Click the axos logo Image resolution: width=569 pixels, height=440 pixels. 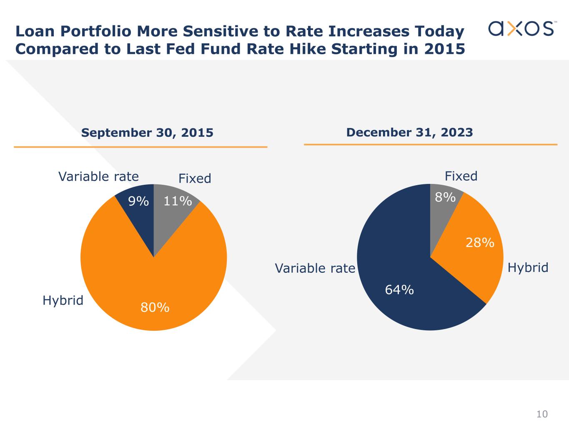(521, 28)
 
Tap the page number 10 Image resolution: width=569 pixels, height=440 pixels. (542, 414)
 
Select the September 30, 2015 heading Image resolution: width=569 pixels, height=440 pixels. (147, 133)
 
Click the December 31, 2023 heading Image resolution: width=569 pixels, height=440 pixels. (409, 132)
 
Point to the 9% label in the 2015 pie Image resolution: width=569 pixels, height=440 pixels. (138, 201)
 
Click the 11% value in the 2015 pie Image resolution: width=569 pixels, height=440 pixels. (178, 201)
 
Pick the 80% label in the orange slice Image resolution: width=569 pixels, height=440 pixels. (155, 307)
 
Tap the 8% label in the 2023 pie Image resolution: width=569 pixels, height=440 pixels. (445, 197)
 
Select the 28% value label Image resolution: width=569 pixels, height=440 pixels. (480, 242)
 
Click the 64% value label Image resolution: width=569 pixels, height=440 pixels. (399, 289)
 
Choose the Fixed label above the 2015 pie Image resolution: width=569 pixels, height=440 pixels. (195, 179)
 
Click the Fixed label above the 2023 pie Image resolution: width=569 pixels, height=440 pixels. (461, 176)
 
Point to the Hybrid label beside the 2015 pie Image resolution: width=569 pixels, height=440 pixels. (63, 300)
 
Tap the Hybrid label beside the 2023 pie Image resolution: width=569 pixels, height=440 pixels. (528, 267)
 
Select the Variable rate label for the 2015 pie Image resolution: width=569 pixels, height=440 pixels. (98, 176)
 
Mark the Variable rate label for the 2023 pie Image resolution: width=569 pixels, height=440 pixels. (315, 268)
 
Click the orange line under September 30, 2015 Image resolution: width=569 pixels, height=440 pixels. (140, 147)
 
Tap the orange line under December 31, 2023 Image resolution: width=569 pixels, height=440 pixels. (431, 145)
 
